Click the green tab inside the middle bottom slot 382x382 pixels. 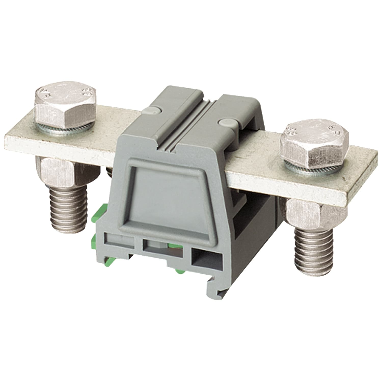click(x=175, y=245)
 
